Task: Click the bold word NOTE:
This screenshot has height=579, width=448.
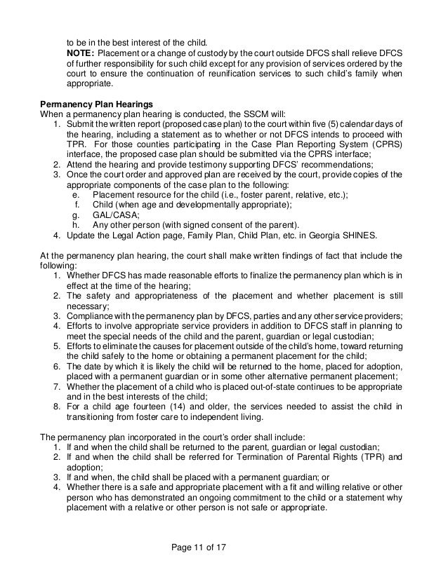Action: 81,53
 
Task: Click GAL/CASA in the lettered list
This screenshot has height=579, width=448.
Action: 116,214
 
